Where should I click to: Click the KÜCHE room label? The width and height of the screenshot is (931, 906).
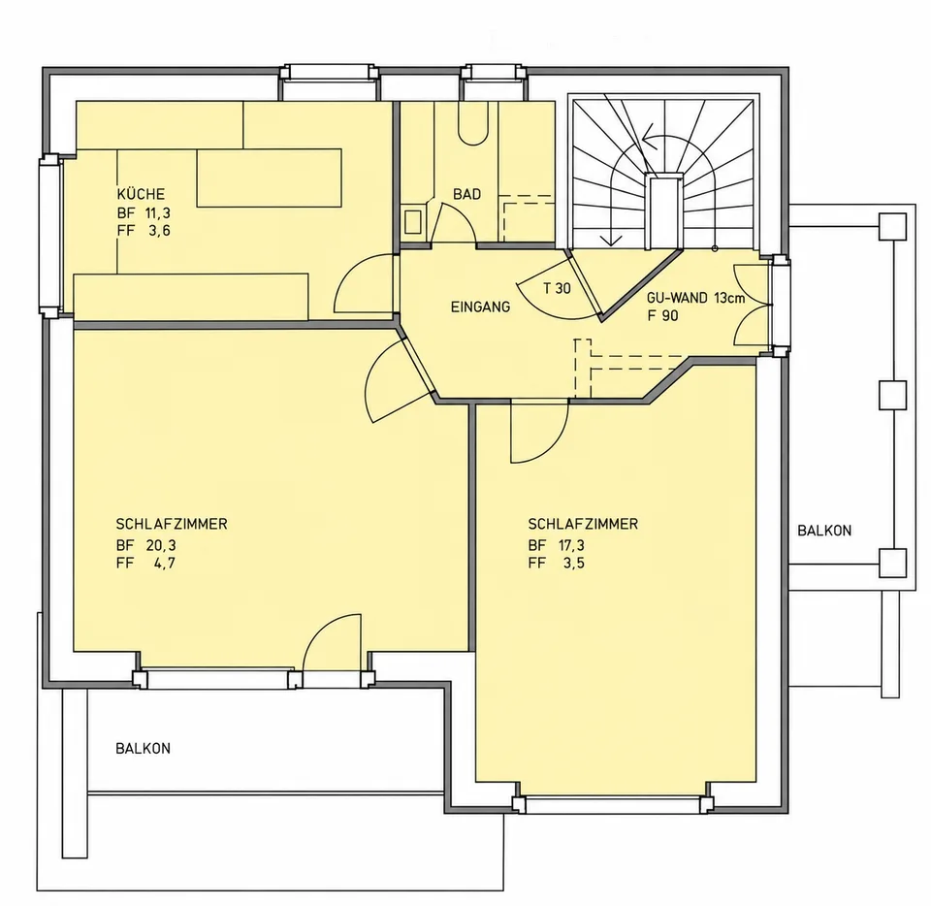[x=141, y=194]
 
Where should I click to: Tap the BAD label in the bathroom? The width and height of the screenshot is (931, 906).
[x=466, y=194]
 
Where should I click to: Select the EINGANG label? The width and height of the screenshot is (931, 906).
[x=480, y=307]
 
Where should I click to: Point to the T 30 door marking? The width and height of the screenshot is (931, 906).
[x=557, y=288]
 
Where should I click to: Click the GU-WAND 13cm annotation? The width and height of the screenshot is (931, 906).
[x=696, y=298]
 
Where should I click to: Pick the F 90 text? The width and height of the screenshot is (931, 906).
[x=662, y=316]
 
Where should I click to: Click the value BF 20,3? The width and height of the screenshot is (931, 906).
[x=146, y=545]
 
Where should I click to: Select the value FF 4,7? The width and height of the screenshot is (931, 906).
[x=146, y=563]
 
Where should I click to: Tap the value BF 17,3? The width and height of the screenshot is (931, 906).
[x=557, y=545]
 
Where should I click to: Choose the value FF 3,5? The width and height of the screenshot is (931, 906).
[x=557, y=563]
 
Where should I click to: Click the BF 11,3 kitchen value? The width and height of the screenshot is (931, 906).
[x=144, y=212]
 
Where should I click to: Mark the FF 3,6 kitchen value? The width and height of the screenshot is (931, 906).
[x=144, y=230]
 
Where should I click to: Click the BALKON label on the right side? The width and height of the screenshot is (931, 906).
[x=824, y=531]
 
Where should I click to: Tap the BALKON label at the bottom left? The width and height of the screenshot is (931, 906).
[x=144, y=748]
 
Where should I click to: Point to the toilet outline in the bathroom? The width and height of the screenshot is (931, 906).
[x=473, y=123]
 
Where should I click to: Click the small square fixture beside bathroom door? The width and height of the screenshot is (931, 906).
[x=413, y=221]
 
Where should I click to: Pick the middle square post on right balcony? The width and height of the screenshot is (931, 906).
[x=892, y=395]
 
